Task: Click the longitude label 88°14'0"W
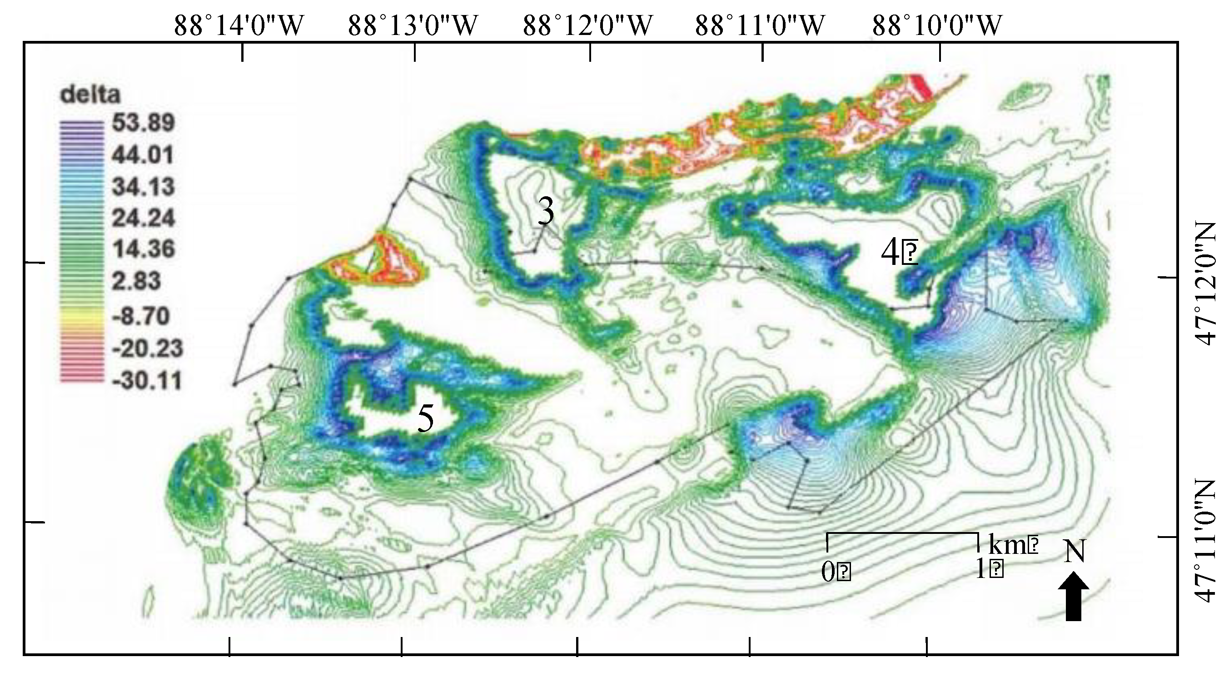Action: tap(239, 25)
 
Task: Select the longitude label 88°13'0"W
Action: tap(413, 25)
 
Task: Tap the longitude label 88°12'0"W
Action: tap(588, 25)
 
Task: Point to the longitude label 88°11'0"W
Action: tap(760, 25)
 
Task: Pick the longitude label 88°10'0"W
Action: tap(937, 25)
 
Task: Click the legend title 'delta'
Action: tap(90, 95)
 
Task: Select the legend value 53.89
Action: tap(143, 123)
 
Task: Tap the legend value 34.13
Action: tap(143, 187)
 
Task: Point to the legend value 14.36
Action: tap(143, 249)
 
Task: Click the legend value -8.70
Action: tap(141, 316)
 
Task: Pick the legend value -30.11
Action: tap(147, 381)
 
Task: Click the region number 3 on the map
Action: tap(546, 212)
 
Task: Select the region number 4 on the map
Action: tap(890, 254)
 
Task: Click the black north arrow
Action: tap(1074, 603)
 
